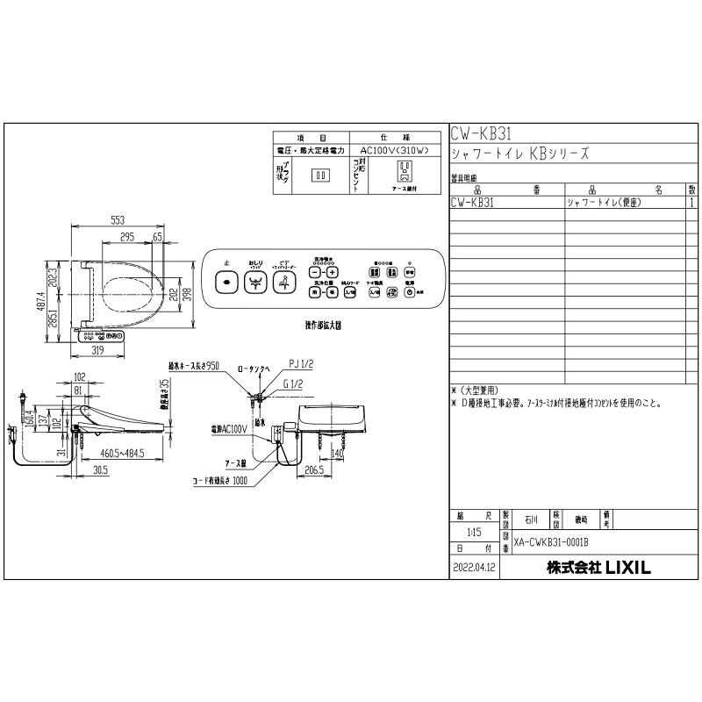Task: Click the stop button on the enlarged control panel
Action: pyautogui.click(x=226, y=283)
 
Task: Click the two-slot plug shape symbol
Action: pyautogui.click(x=321, y=174)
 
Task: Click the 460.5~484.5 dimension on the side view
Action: pyautogui.click(x=120, y=454)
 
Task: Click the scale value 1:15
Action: pyautogui.click(x=474, y=532)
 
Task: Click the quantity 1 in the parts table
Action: pyautogui.click(x=692, y=201)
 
